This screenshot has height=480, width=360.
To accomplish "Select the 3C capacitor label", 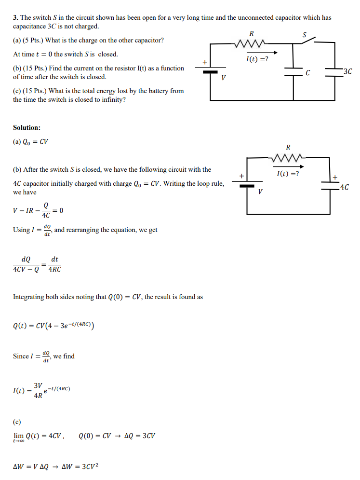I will tap(347, 72).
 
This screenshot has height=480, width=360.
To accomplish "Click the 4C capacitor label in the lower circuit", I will tap(345, 187).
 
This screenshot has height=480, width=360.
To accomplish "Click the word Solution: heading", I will tap(27, 127).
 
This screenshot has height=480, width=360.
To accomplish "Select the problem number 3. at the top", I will tap(16, 18).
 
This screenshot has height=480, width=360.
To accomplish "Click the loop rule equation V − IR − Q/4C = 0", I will tap(38, 210).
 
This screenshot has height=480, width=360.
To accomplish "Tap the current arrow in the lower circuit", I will tap(288, 166).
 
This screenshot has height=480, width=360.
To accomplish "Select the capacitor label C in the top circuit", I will tap(307, 73).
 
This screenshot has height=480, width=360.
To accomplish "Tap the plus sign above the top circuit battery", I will tap(205, 62).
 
